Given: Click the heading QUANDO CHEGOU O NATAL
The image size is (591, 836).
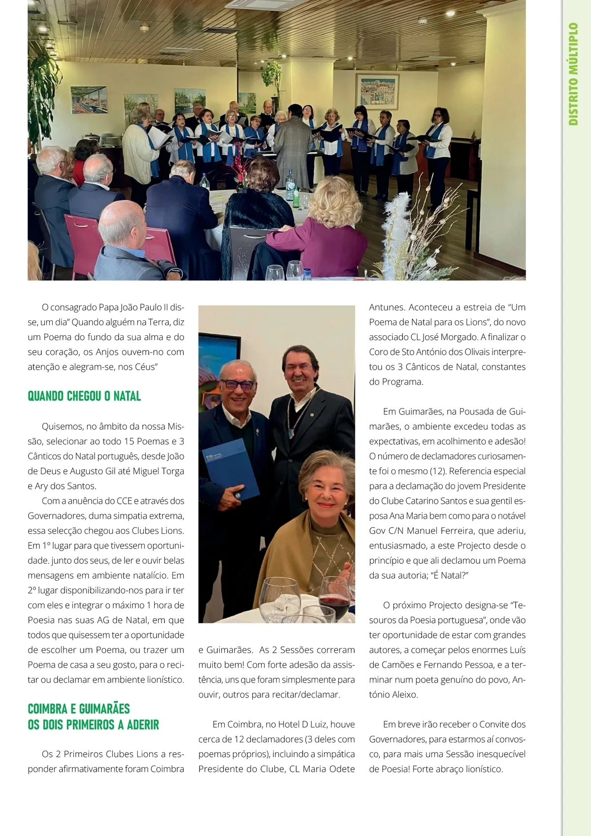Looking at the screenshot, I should tap(84, 396).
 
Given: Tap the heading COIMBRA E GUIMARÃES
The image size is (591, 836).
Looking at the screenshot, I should tap(79, 709).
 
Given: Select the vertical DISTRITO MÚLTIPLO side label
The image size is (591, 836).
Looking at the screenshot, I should tap(573, 74).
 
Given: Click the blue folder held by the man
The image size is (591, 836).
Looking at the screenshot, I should tap(230, 468).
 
